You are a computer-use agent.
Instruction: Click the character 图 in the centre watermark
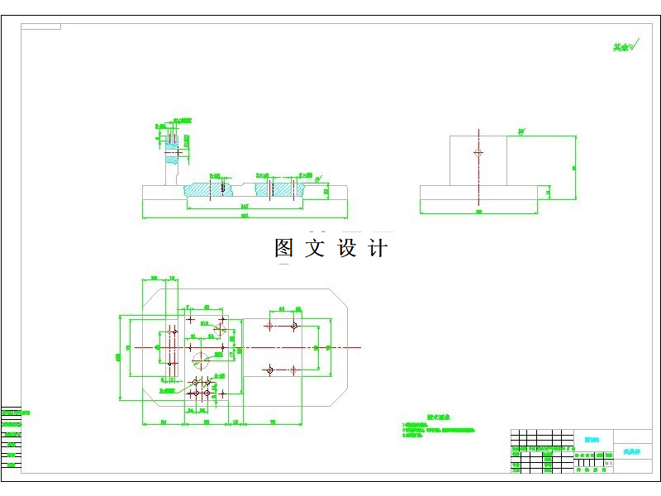pos(284,248)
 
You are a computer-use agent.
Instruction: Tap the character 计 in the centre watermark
pos(377,248)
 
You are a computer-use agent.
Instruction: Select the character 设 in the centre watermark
pos(346,248)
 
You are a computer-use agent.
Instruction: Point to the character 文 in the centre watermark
pos(315,248)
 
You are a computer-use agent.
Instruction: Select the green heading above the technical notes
pos(435,418)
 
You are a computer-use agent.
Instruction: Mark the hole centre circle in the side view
pos(478,153)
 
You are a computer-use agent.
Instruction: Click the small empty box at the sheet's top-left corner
pos(40,26)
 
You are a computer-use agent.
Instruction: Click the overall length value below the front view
pos(245,217)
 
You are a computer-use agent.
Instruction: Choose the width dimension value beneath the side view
pos(478,212)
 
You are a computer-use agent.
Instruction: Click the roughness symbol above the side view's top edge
pos(521,131)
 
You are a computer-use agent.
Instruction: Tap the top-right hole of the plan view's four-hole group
pos(294,327)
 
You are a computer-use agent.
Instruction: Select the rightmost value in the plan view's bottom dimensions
pos(272,422)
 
